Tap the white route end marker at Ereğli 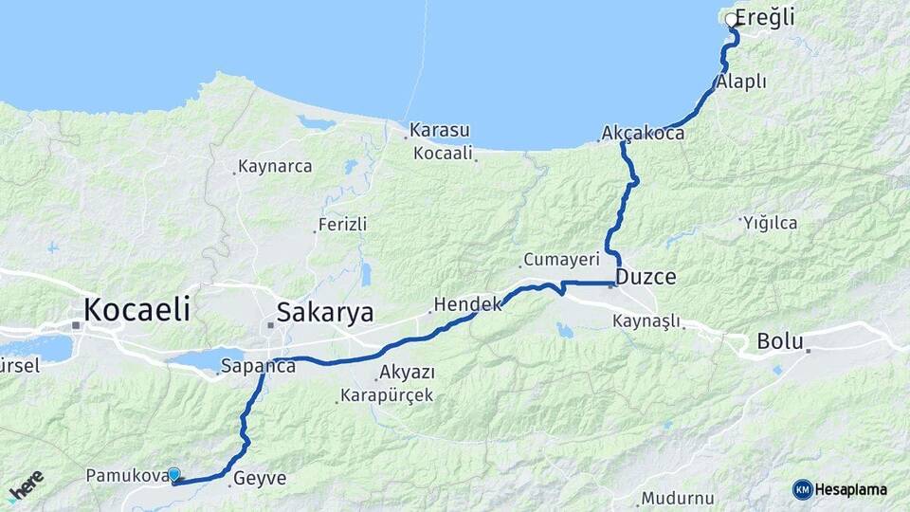pyautogui.click(x=731, y=19)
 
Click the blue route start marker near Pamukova pyautogui.click(x=173, y=473)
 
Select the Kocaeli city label pyautogui.click(x=136, y=308)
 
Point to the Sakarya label pyautogui.click(x=324, y=313)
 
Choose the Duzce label pyautogui.click(x=646, y=278)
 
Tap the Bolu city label pyautogui.click(x=780, y=341)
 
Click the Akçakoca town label pyautogui.click(x=643, y=134)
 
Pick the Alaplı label pyautogui.click(x=741, y=82)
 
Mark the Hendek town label pyautogui.click(x=466, y=304)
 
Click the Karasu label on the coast pyautogui.click(x=439, y=130)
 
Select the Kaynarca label pyautogui.click(x=275, y=166)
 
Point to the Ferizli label pyautogui.click(x=342, y=225)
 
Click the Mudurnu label pyautogui.click(x=676, y=498)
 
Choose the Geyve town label pyautogui.click(x=259, y=479)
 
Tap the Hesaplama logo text pyautogui.click(x=850, y=489)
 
